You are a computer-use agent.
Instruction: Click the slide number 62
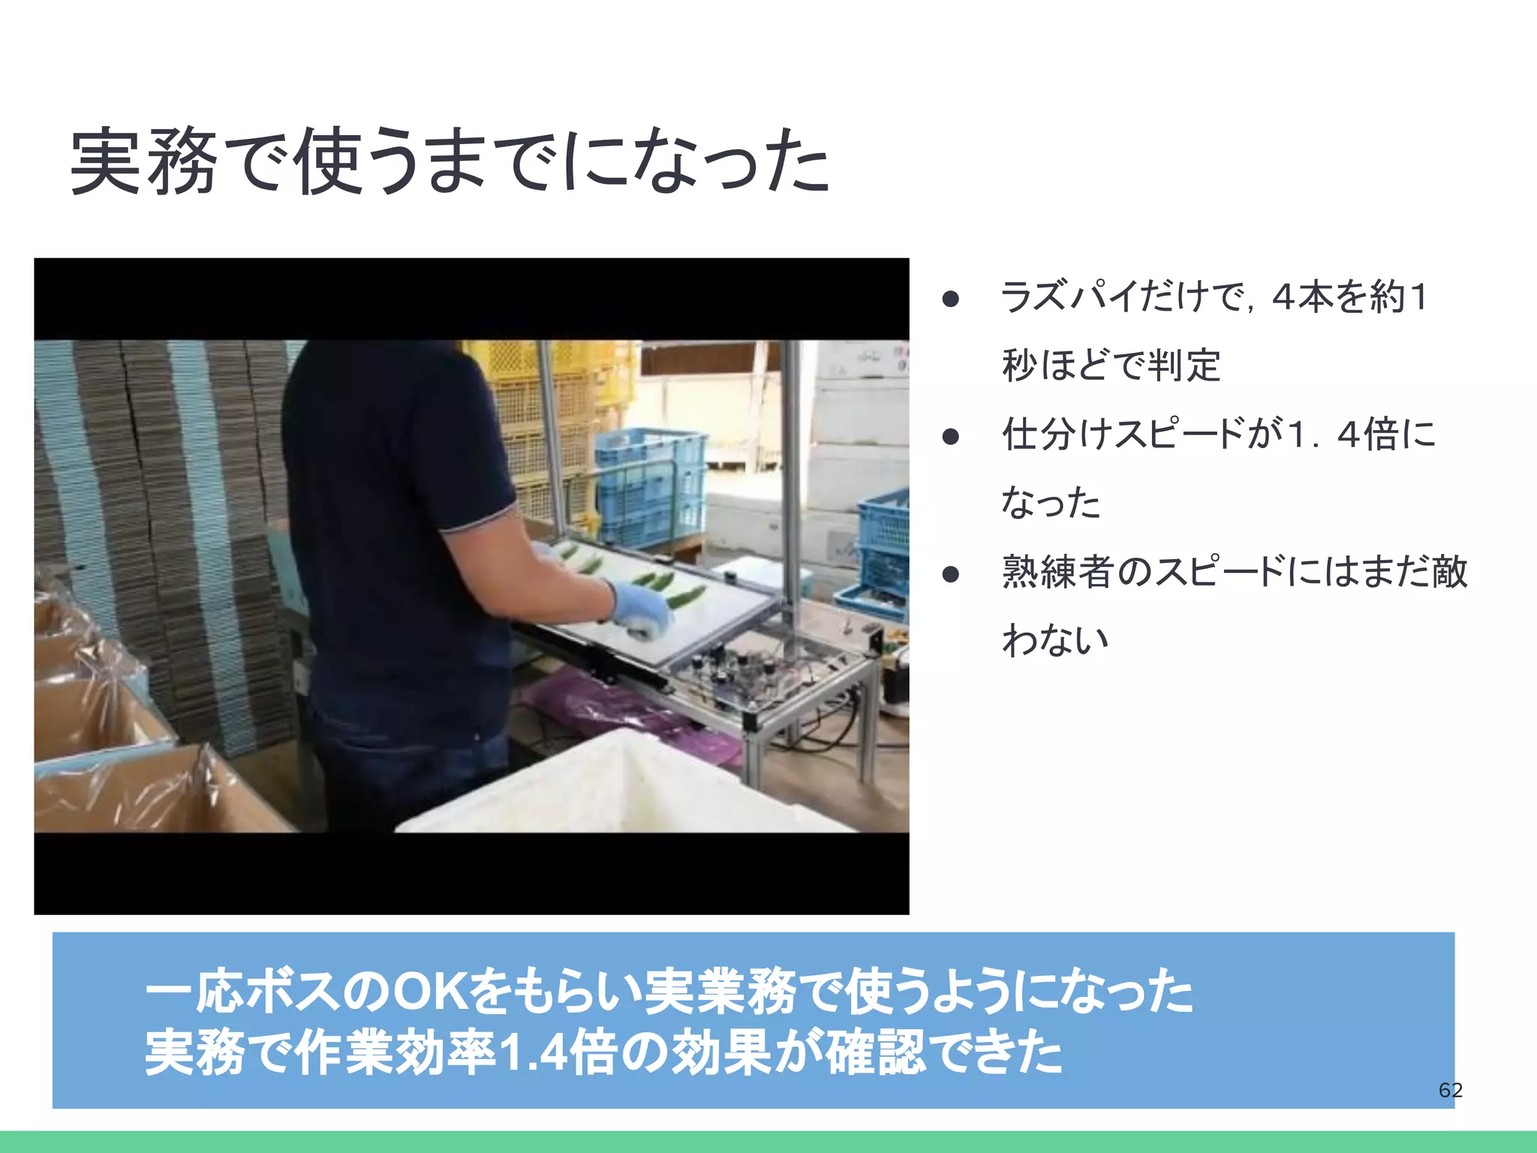1450,1090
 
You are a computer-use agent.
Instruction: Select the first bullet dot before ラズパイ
951,300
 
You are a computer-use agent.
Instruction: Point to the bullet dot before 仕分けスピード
951,436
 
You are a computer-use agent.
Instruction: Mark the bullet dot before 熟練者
951,574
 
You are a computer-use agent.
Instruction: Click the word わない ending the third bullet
1054,640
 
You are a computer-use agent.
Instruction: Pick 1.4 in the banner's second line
531,1053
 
